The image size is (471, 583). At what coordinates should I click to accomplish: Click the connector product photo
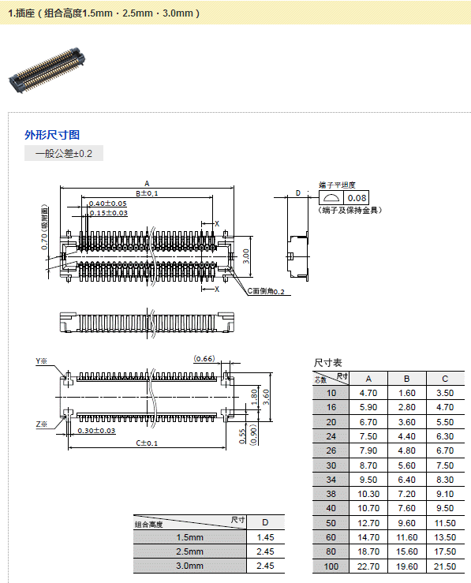tap(47, 69)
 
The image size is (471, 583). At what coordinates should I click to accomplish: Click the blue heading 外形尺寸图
tap(52, 135)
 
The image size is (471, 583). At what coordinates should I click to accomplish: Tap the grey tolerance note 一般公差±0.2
tap(64, 153)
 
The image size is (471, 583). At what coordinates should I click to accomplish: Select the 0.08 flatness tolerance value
tap(357, 198)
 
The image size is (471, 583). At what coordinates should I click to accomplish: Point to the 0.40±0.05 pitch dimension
tap(108, 204)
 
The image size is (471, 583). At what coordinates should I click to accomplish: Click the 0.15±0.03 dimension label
tap(108, 213)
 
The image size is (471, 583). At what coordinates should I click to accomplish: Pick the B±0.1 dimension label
tap(147, 193)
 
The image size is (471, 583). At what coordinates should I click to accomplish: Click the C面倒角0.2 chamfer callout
tap(266, 291)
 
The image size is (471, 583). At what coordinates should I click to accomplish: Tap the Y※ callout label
tap(41, 361)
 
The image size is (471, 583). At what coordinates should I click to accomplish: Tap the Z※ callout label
tap(42, 424)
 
